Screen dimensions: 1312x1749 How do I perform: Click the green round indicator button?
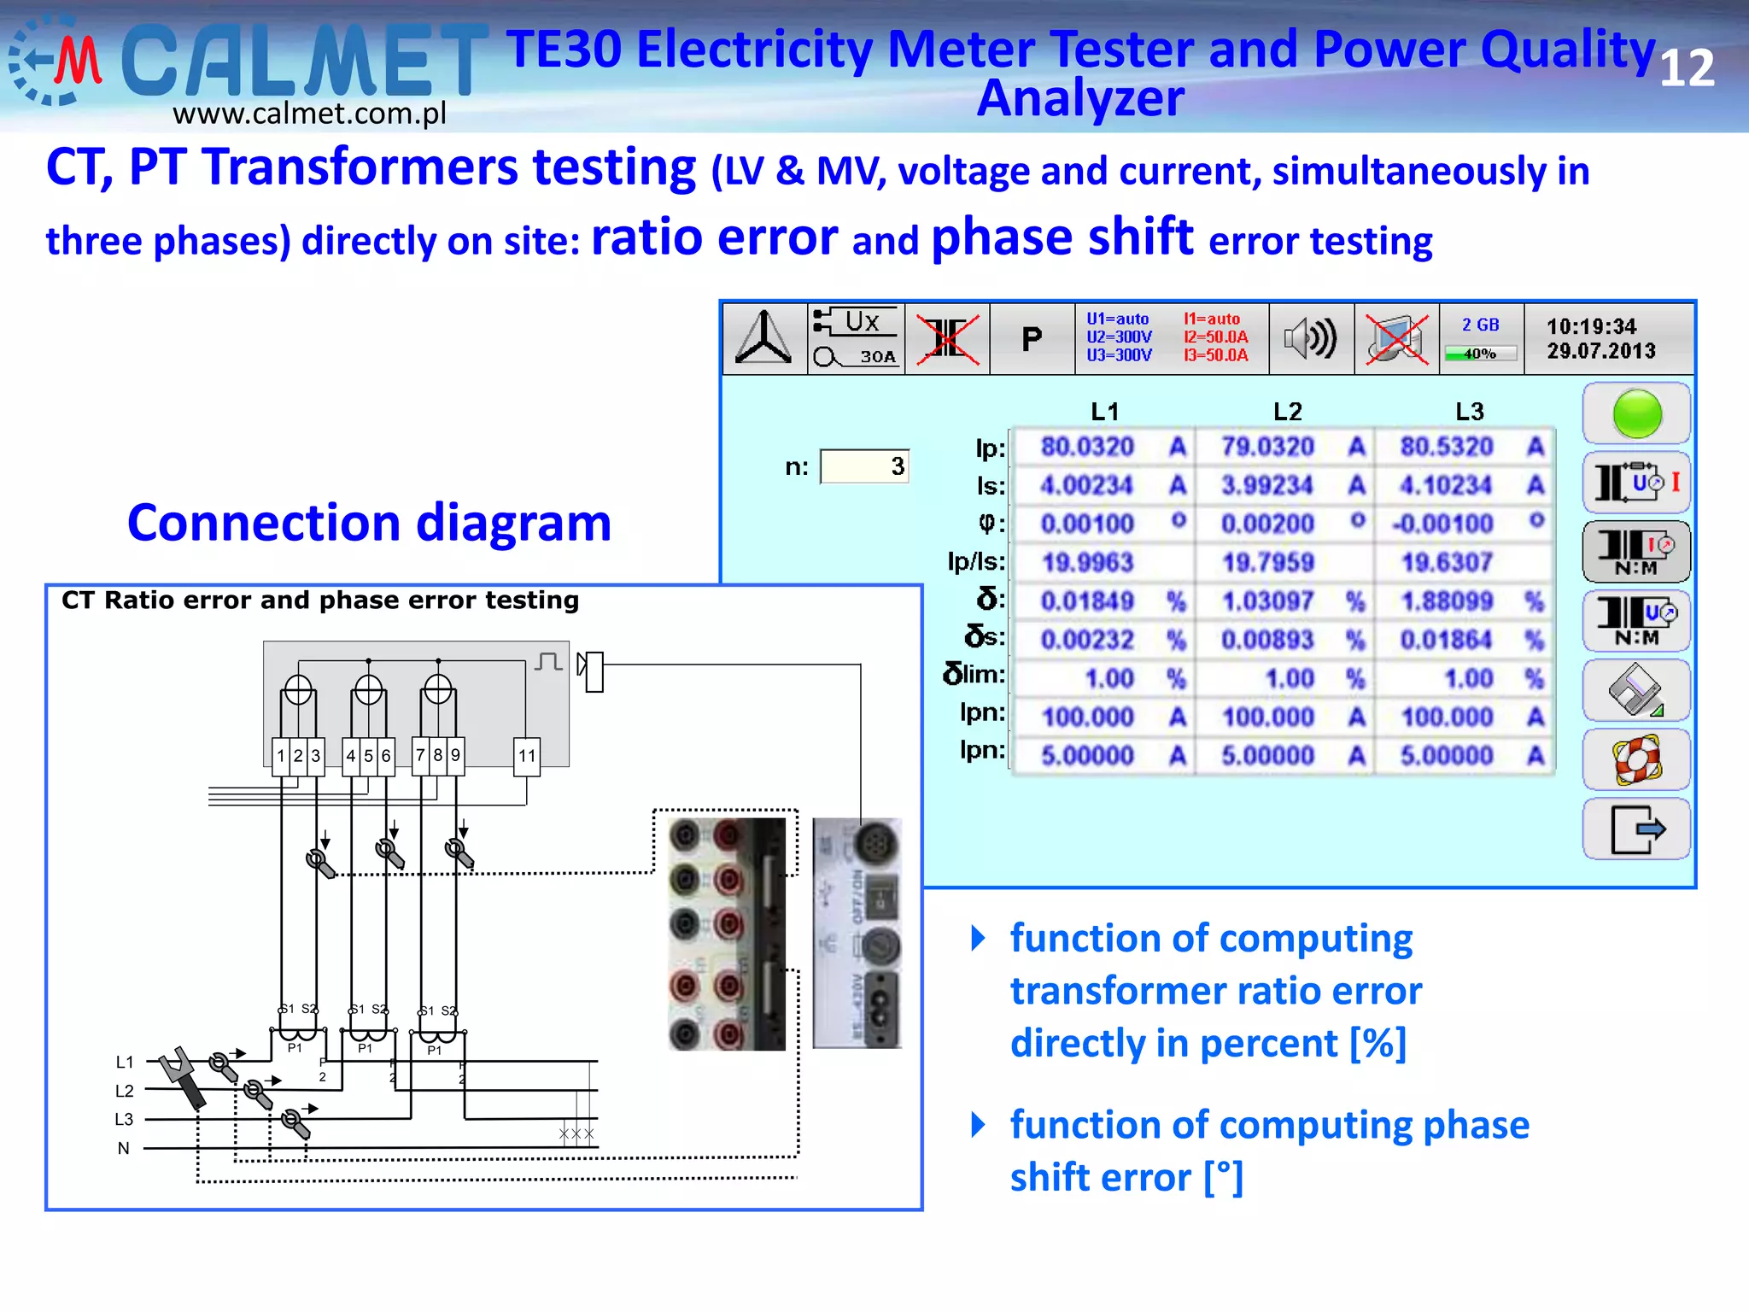tap(1636, 414)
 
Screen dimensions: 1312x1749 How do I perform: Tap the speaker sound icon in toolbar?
tap(1310, 339)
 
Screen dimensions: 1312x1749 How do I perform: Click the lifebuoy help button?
tap(1636, 759)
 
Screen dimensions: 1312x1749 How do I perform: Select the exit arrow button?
tap(1636, 829)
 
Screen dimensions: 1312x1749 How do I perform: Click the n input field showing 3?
tap(864, 466)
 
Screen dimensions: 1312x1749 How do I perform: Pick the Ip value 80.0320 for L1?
tap(1087, 447)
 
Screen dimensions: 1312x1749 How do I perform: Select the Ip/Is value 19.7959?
tap(1267, 562)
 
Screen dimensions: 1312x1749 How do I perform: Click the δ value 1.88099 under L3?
tap(1447, 601)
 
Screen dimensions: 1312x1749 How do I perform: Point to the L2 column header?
tap(1287, 412)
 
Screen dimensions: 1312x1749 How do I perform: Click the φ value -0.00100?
tap(1443, 524)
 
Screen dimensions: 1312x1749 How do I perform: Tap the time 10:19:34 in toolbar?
tap(1591, 327)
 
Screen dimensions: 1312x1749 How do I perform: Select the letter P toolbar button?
tap(1032, 339)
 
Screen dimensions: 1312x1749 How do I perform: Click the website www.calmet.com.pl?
tap(309, 114)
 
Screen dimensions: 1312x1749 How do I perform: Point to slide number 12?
tap(1687, 68)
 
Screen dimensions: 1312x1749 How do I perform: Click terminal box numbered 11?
tap(527, 756)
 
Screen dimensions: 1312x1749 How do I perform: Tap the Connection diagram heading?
tap(369, 523)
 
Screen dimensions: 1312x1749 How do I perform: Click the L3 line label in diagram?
tap(125, 1119)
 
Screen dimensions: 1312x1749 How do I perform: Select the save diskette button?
tap(1636, 690)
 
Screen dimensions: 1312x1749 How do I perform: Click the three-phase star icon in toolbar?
tap(764, 339)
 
